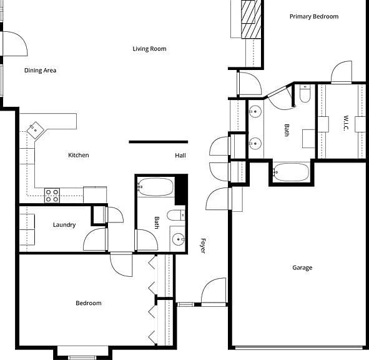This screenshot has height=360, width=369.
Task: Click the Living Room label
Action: [x=149, y=49]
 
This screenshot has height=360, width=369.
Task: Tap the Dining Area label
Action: [x=40, y=70]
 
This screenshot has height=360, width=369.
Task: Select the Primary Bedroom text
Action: [x=314, y=16]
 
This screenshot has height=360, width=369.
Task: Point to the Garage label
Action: [x=302, y=267]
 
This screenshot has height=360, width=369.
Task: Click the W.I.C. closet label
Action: [x=346, y=123]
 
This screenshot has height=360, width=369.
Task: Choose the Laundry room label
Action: [x=64, y=225]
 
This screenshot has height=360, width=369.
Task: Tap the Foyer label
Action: [x=203, y=246]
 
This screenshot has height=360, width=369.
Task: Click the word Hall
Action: [x=180, y=156]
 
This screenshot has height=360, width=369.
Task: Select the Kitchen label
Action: [x=79, y=155]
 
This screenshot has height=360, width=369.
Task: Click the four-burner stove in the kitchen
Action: [x=52, y=196]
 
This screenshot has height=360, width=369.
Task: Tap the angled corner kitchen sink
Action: [x=36, y=130]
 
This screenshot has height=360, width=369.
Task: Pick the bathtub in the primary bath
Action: [x=291, y=172]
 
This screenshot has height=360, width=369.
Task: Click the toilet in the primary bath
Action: [x=305, y=94]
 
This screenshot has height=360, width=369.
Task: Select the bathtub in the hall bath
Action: [x=155, y=187]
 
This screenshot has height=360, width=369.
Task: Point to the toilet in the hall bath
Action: [x=176, y=215]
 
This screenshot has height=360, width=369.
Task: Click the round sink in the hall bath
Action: [x=179, y=239]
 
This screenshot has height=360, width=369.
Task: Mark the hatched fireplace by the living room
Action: [x=251, y=19]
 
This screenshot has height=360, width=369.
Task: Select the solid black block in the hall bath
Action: [x=181, y=189]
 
